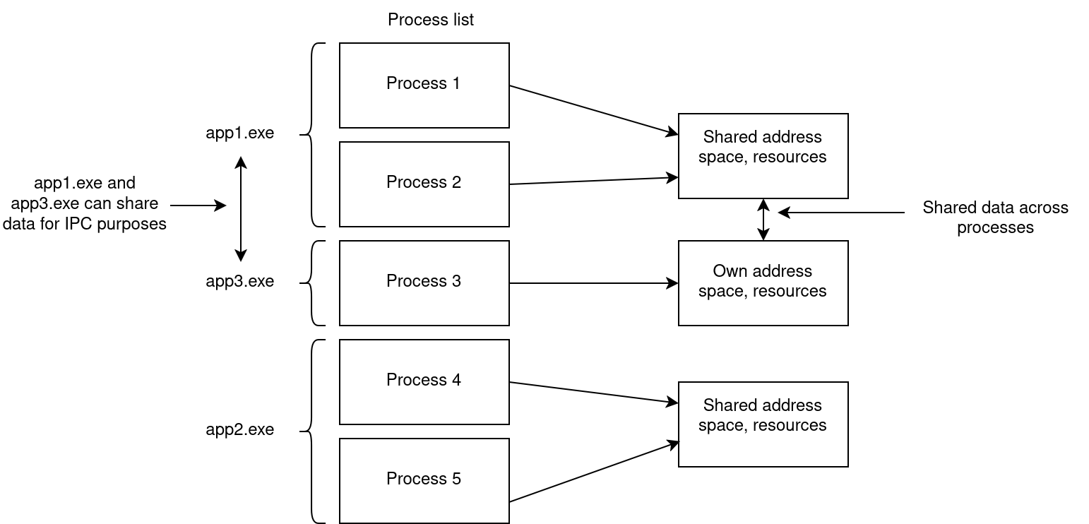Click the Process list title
click(x=430, y=20)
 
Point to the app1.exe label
click(x=240, y=133)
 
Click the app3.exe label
click(x=240, y=281)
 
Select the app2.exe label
click(x=240, y=429)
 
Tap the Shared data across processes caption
click(x=995, y=218)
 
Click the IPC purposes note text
click(x=85, y=204)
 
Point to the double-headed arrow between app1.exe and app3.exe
click(x=241, y=209)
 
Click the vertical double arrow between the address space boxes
click(x=763, y=220)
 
